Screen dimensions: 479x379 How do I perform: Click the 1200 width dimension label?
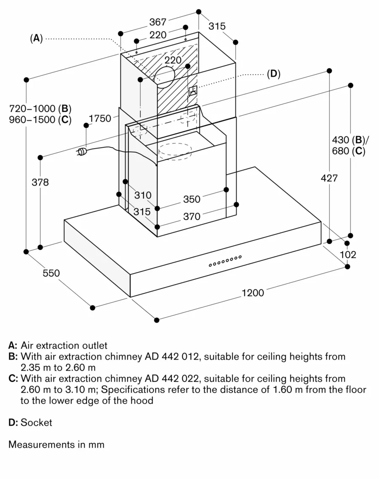[253, 293]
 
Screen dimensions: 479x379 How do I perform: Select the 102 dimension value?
[348, 255]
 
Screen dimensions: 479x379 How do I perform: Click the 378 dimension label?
[40, 182]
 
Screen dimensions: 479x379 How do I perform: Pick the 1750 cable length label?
[100, 119]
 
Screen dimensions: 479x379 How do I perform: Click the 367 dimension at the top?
[158, 21]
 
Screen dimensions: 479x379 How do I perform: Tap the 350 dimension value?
[192, 199]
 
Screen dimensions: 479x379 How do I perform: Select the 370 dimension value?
[192, 217]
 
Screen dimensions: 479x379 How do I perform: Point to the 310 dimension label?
[142, 195]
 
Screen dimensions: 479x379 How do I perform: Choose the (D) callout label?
[273, 74]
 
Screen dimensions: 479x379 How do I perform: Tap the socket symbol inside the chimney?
[192, 91]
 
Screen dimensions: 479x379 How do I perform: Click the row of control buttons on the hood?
[225, 261]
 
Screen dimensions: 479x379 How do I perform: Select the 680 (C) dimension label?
[348, 151]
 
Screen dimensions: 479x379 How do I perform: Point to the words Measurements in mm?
[56, 444]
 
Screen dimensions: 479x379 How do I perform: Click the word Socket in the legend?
[36, 422]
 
